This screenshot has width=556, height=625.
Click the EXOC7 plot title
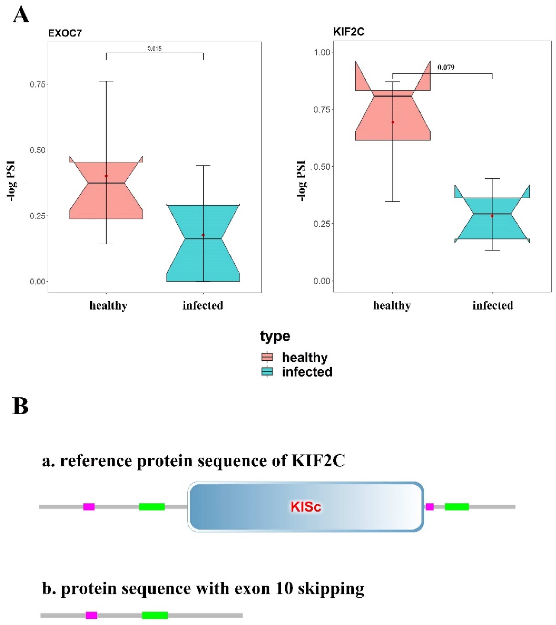click(65, 33)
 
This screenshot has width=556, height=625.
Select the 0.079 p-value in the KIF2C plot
click(446, 67)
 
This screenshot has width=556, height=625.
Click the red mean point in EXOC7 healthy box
click(106, 176)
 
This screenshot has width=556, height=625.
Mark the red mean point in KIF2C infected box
click(492, 216)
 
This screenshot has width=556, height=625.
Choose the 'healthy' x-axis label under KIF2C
click(392, 306)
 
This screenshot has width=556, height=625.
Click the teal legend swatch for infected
click(267, 372)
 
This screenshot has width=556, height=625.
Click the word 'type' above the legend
click(275, 336)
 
